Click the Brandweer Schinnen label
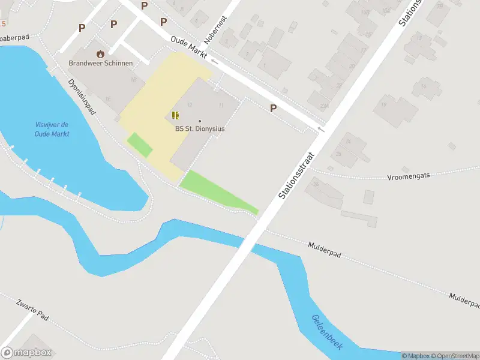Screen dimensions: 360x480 coord(101,63)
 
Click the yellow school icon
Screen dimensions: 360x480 coord(175,115)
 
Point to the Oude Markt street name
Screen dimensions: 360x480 coord(189,47)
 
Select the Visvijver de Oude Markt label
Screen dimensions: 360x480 coord(52,130)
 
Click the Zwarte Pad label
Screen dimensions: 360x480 coord(32,309)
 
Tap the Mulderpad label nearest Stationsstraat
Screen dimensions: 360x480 coord(325,250)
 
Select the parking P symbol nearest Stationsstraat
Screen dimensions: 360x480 coord(273,109)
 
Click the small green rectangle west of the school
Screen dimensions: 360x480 coord(139,145)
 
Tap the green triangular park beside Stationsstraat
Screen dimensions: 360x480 coord(213,190)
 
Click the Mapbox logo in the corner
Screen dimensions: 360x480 coord(26,353)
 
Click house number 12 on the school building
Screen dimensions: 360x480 coord(190,104)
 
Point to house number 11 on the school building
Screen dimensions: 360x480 coord(221,106)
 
